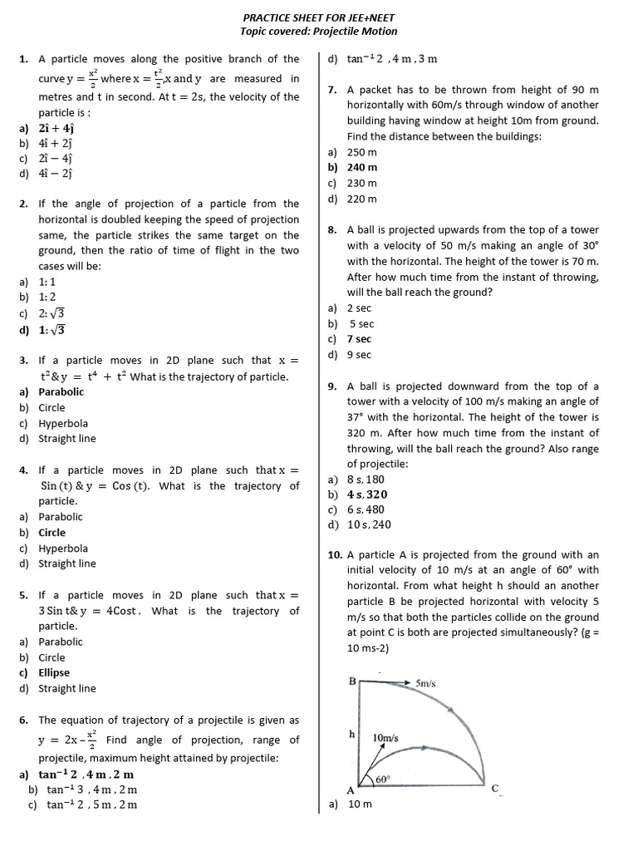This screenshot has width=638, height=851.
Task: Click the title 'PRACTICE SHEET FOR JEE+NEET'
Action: (318, 17)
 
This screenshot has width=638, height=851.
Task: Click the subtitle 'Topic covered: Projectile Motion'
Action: (318, 32)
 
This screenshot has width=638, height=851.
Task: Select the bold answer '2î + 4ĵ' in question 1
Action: (56, 128)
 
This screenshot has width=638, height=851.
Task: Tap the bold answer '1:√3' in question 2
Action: (52, 329)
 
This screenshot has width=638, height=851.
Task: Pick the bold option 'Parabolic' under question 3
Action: (61, 391)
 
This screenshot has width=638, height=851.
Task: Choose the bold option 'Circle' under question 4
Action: (52, 533)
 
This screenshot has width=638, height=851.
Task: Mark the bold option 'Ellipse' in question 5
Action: (54, 673)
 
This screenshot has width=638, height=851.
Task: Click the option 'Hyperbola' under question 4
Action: (63, 548)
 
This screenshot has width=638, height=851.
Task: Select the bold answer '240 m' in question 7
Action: (362, 167)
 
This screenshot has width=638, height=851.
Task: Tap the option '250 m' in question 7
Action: (362, 152)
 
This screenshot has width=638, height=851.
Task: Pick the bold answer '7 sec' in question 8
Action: (360, 339)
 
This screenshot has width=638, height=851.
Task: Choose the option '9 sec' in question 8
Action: (360, 355)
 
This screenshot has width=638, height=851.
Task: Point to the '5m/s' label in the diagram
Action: (425, 683)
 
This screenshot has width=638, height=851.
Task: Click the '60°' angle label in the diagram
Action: (383, 780)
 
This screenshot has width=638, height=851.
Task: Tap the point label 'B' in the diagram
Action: (352, 681)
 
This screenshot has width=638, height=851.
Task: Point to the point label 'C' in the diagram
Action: (494, 789)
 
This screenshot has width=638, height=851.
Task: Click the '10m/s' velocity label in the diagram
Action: (385, 737)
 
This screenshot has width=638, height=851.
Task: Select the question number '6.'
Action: (23, 721)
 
